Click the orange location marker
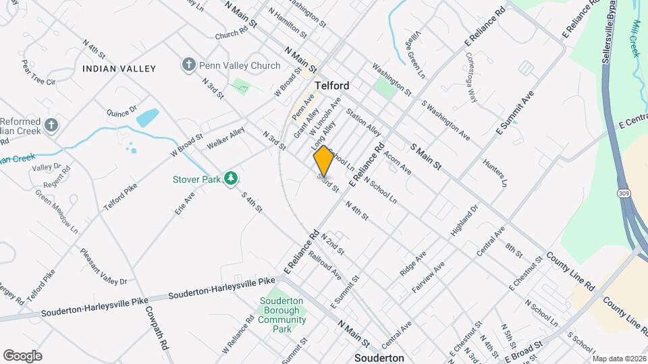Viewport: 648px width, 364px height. pyautogui.click(x=323, y=160)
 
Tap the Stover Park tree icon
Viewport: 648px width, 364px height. pyautogui.click(x=232, y=178)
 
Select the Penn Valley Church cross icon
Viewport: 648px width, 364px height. pyautogui.click(x=188, y=65)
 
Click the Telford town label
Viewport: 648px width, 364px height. pyautogui.click(x=331, y=86)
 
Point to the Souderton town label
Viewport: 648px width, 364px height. pyautogui.click(x=380, y=357)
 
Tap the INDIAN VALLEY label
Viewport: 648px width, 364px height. pyautogui.click(x=119, y=69)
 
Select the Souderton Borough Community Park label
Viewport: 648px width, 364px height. pyautogui.click(x=282, y=315)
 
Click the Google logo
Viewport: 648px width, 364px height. pyautogui.click(x=22, y=355)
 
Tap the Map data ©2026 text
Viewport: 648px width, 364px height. pyautogui.click(x=618, y=358)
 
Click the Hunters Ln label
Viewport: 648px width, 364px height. pyautogui.click(x=495, y=173)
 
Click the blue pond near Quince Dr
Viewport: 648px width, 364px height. pyautogui.click(x=147, y=119)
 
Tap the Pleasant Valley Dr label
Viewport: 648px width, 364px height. pyautogui.click(x=104, y=266)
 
